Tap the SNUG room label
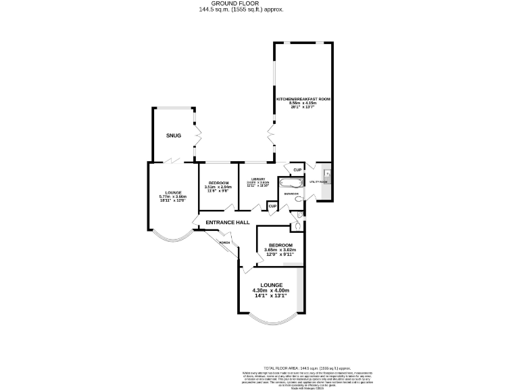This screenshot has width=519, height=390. [x=174, y=135]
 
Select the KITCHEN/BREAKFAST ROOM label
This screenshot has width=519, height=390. [x=303, y=100]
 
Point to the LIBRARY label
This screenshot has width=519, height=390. [x=257, y=179]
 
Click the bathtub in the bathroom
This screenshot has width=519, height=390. [x=292, y=183]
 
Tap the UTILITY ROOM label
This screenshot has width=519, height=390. [x=318, y=182]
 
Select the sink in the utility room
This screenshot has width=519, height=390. [x=327, y=177]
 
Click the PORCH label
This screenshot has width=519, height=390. [x=225, y=242]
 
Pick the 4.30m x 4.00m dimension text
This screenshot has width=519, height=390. [x=270, y=290]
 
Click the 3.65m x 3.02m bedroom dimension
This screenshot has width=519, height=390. [x=280, y=251]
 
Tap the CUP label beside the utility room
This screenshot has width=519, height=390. [x=297, y=169]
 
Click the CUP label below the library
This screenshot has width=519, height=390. [x=272, y=206]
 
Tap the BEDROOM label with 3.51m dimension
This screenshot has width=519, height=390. [x=218, y=183]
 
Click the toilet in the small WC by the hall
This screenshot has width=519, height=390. [x=298, y=226]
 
